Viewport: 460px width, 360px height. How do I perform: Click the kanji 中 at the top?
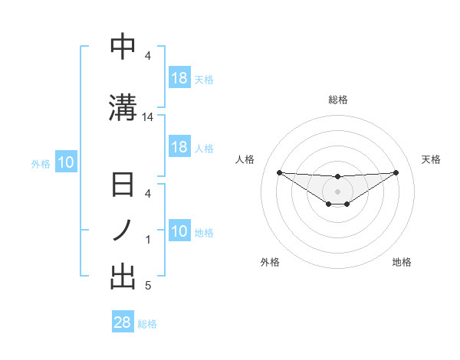point(123,47)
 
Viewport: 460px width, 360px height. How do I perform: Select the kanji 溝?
point(123,106)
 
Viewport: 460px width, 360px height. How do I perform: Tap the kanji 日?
point(123,187)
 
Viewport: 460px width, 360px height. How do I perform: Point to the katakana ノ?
point(123,231)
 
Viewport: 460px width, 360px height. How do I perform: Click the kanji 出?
point(123,277)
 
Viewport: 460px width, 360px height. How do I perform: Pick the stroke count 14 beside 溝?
point(148,117)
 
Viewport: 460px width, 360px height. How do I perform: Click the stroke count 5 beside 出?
point(148,286)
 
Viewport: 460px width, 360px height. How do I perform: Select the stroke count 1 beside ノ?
point(148,240)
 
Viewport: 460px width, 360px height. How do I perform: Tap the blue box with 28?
point(123,323)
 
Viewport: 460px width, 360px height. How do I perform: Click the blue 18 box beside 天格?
point(179,78)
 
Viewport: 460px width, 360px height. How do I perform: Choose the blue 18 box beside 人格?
point(179,147)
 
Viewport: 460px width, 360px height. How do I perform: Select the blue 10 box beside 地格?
point(179,231)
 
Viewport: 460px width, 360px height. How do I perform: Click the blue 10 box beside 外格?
point(66,162)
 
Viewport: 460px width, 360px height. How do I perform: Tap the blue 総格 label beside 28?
point(147,324)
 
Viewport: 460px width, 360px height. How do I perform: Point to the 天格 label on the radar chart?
point(432,159)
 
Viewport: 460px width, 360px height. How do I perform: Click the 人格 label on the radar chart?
point(245,159)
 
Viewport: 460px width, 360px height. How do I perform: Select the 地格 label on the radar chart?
point(402,262)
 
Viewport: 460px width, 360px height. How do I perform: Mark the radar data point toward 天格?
point(396,172)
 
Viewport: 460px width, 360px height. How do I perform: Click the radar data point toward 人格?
point(279,172)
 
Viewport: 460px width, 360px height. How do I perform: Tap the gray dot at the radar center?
point(337,191)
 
